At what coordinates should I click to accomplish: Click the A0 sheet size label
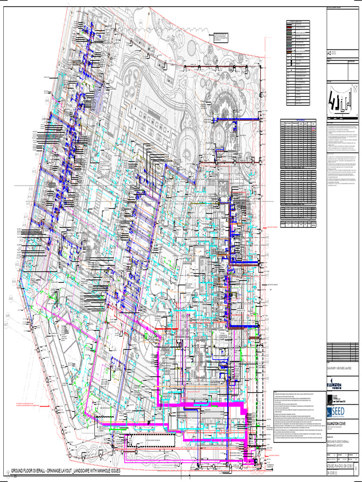coord(329,54)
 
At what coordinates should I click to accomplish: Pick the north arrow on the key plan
coord(354,87)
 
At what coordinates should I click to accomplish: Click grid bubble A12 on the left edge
coord(34,171)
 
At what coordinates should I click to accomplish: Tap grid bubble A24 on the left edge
coord(14,281)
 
